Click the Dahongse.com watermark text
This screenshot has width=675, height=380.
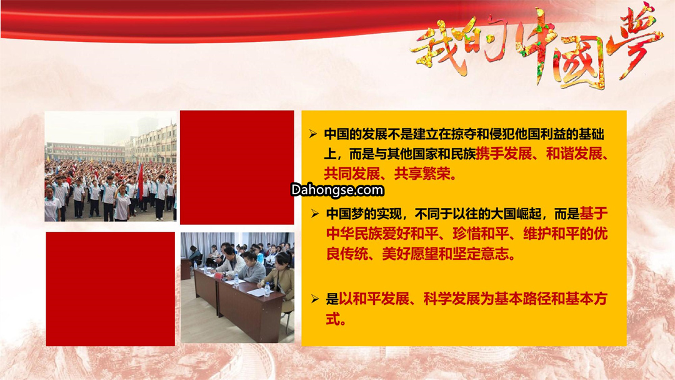(x=337, y=190)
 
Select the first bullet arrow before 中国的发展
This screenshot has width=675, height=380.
(x=313, y=134)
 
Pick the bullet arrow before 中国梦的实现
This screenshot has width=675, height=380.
(x=315, y=213)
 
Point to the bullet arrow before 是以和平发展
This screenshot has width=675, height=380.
(x=315, y=299)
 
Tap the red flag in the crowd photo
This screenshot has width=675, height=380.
(x=141, y=180)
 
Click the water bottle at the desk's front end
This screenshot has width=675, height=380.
(x=267, y=289)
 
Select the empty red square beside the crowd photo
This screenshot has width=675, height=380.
(x=237, y=167)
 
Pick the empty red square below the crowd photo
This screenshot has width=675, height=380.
(x=111, y=289)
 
